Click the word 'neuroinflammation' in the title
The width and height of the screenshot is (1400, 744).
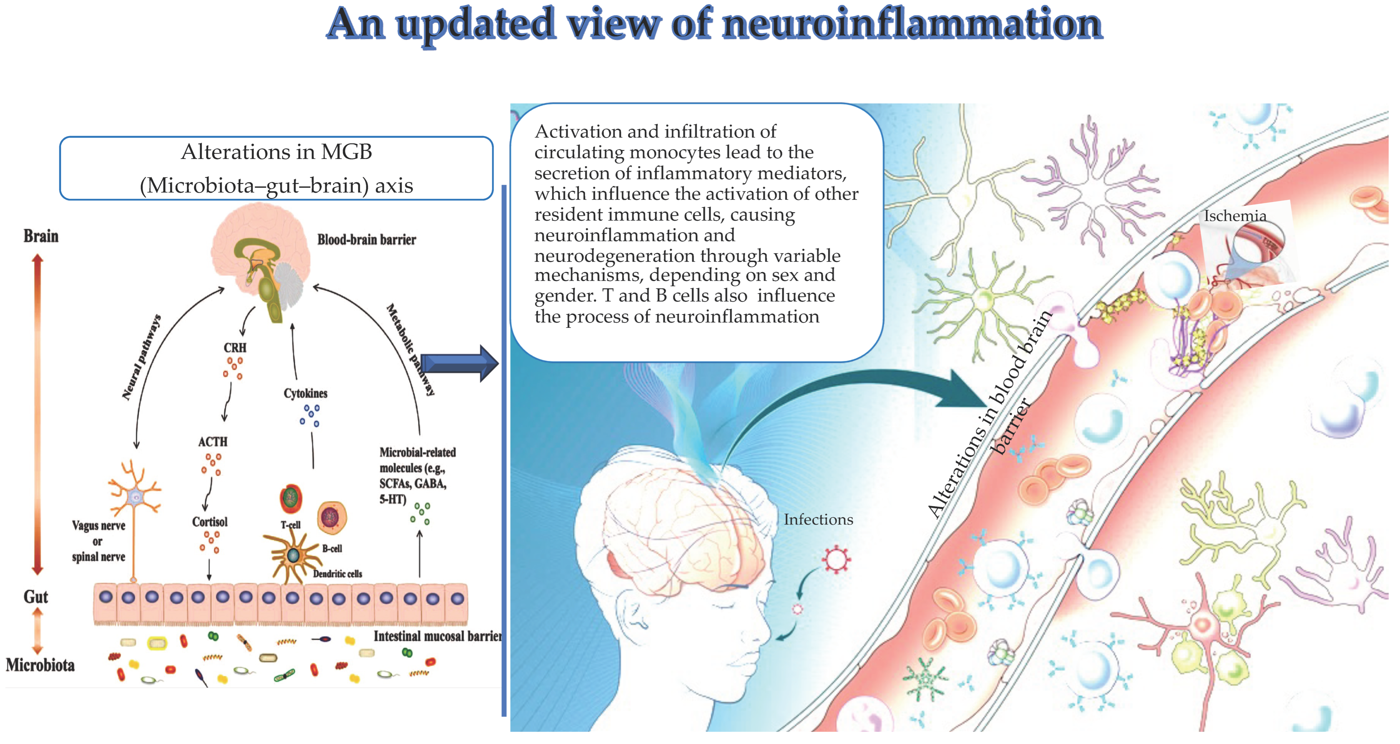[x=912, y=25]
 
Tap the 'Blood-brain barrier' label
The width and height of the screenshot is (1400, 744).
[x=366, y=240]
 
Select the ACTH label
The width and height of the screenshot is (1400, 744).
[x=213, y=442]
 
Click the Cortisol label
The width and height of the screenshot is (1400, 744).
[x=210, y=522]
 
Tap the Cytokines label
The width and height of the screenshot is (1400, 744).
[x=306, y=393]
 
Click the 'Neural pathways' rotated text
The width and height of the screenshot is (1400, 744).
[x=141, y=357]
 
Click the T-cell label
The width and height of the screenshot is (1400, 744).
[x=290, y=525]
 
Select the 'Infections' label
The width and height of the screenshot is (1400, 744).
[x=818, y=520]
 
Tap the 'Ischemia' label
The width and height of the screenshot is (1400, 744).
[x=1235, y=216]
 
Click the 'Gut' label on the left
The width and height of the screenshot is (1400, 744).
[x=36, y=597]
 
